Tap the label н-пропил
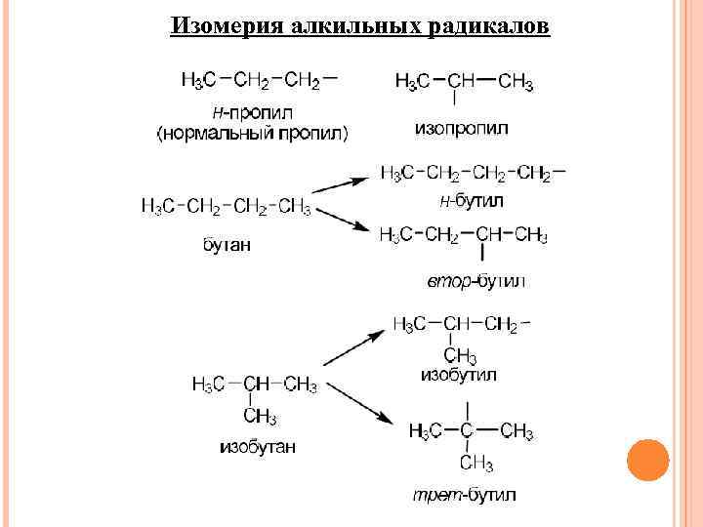259,111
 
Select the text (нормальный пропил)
253,132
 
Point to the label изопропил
461,128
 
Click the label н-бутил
471,201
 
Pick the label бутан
226,244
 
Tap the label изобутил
459,374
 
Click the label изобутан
257,447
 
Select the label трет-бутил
464,495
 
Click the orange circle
646,461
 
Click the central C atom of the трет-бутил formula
467,430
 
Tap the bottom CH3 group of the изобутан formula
259,417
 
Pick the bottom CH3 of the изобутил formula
460,354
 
